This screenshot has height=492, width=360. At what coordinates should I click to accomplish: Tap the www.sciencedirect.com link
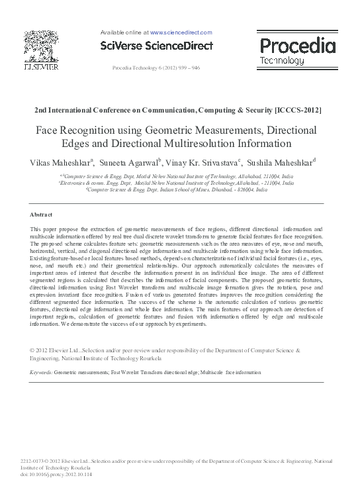tap(181, 32)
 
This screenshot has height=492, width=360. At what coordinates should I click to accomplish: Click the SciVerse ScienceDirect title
tap(157, 46)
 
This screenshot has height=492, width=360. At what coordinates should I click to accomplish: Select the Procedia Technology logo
tap(297, 50)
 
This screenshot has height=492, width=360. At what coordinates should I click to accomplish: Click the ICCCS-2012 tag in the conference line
tap(300, 109)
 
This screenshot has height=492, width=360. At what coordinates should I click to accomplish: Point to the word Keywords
tap(41, 373)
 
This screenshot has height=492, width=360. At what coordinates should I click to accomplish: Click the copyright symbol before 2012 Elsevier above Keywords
tap(32, 349)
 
